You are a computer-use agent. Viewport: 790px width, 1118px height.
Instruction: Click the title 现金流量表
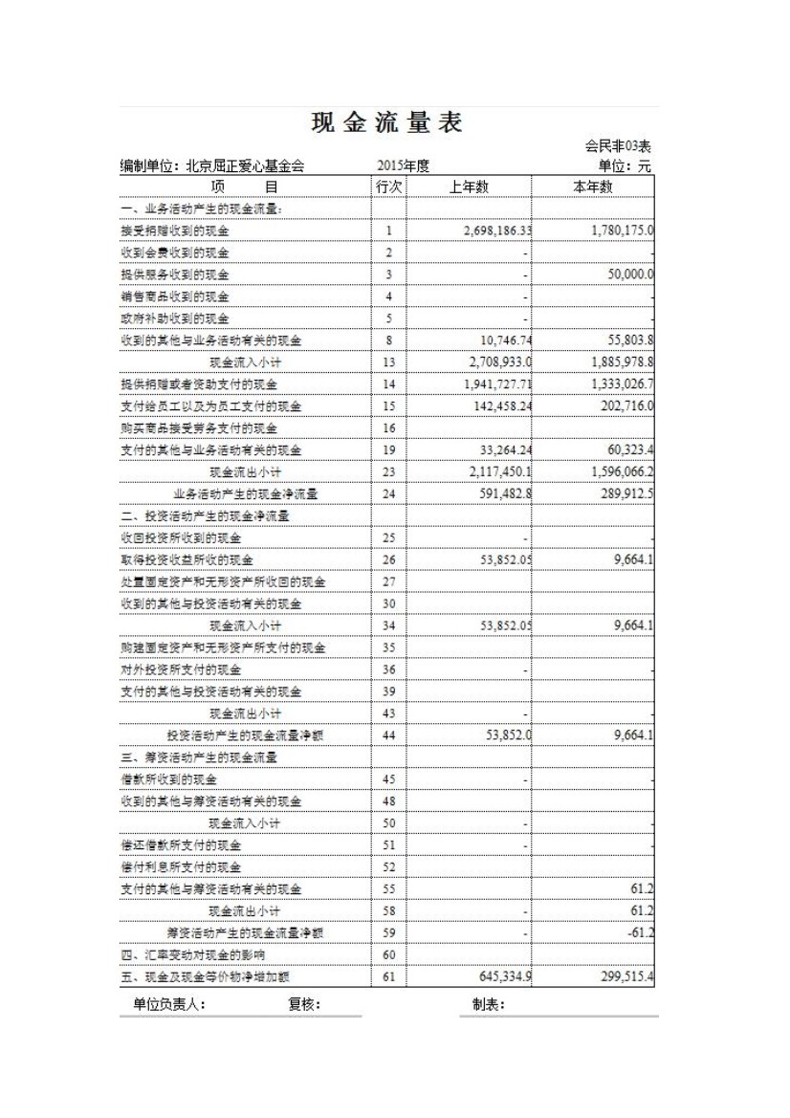tap(387, 123)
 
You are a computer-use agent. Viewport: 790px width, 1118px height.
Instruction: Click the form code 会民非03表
tap(618, 146)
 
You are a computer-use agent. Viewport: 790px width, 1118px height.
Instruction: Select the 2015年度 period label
tap(403, 165)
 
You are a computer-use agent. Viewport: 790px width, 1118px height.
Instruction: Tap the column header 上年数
tap(469, 186)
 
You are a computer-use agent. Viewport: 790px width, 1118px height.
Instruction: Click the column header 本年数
tap(593, 186)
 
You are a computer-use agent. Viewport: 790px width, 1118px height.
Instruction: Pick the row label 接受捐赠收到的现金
tap(175, 230)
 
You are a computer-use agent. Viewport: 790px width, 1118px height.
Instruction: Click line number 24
tap(388, 493)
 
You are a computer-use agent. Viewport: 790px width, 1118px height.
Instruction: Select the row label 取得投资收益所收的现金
tap(187, 559)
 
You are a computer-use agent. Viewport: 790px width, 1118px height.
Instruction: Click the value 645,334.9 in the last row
tap(496, 976)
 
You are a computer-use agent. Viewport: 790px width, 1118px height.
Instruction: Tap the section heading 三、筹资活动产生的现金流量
tap(199, 757)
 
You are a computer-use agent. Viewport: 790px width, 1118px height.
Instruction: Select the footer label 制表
tap(488, 1004)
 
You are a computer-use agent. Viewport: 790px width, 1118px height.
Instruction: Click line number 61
tap(388, 976)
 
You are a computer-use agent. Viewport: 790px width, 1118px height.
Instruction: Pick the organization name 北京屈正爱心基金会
tap(245, 166)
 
